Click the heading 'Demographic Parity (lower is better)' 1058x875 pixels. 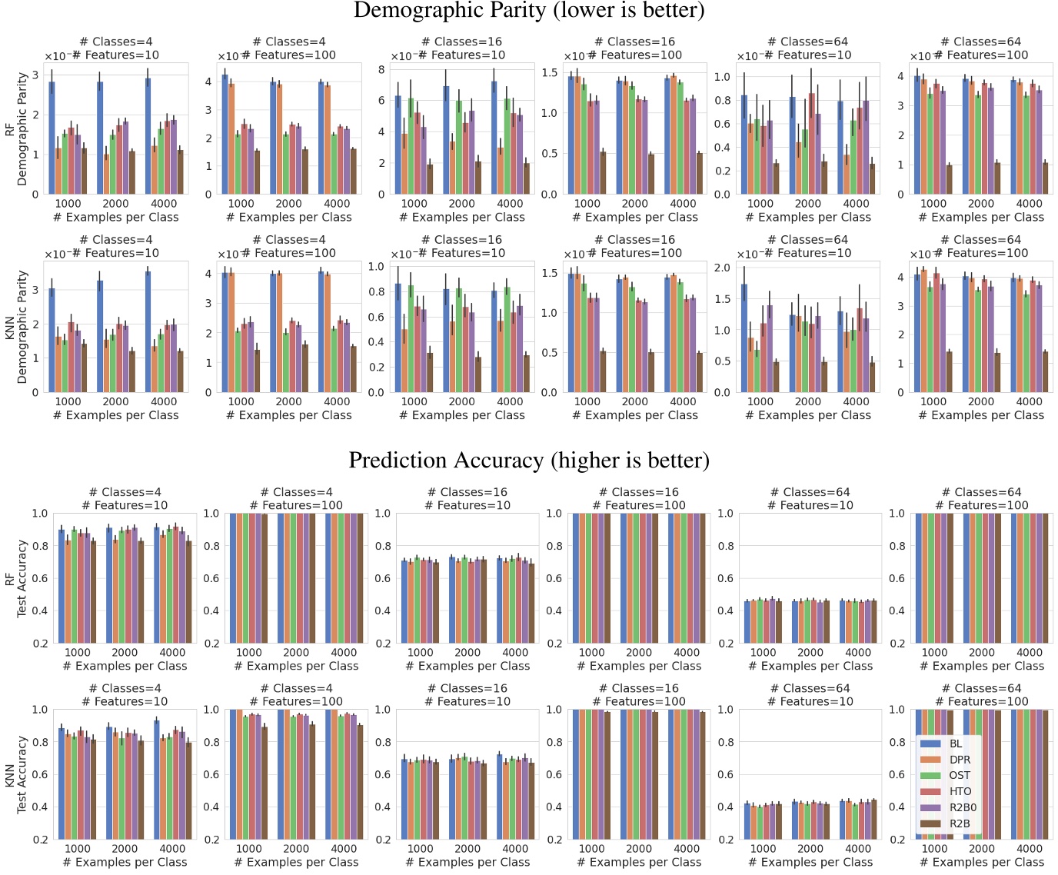[x=529, y=11]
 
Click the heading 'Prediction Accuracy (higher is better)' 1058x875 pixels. [x=529, y=460]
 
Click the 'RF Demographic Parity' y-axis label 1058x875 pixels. [x=15, y=128]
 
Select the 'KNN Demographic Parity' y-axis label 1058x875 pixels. [x=15, y=327]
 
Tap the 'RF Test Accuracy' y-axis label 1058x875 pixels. [x=15, y=578]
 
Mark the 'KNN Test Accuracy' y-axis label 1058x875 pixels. [x=15, y=774]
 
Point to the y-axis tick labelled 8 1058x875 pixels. [x=381, y=69]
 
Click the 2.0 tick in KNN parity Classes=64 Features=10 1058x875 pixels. [x=722, y=268]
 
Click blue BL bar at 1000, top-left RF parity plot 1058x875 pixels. [x=52, y=138]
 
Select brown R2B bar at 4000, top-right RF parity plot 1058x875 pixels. [x=1045, y=178]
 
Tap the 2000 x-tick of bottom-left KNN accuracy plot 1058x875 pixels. [x=125, y=849]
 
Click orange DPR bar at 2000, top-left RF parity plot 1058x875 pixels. [x=106, y=175]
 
